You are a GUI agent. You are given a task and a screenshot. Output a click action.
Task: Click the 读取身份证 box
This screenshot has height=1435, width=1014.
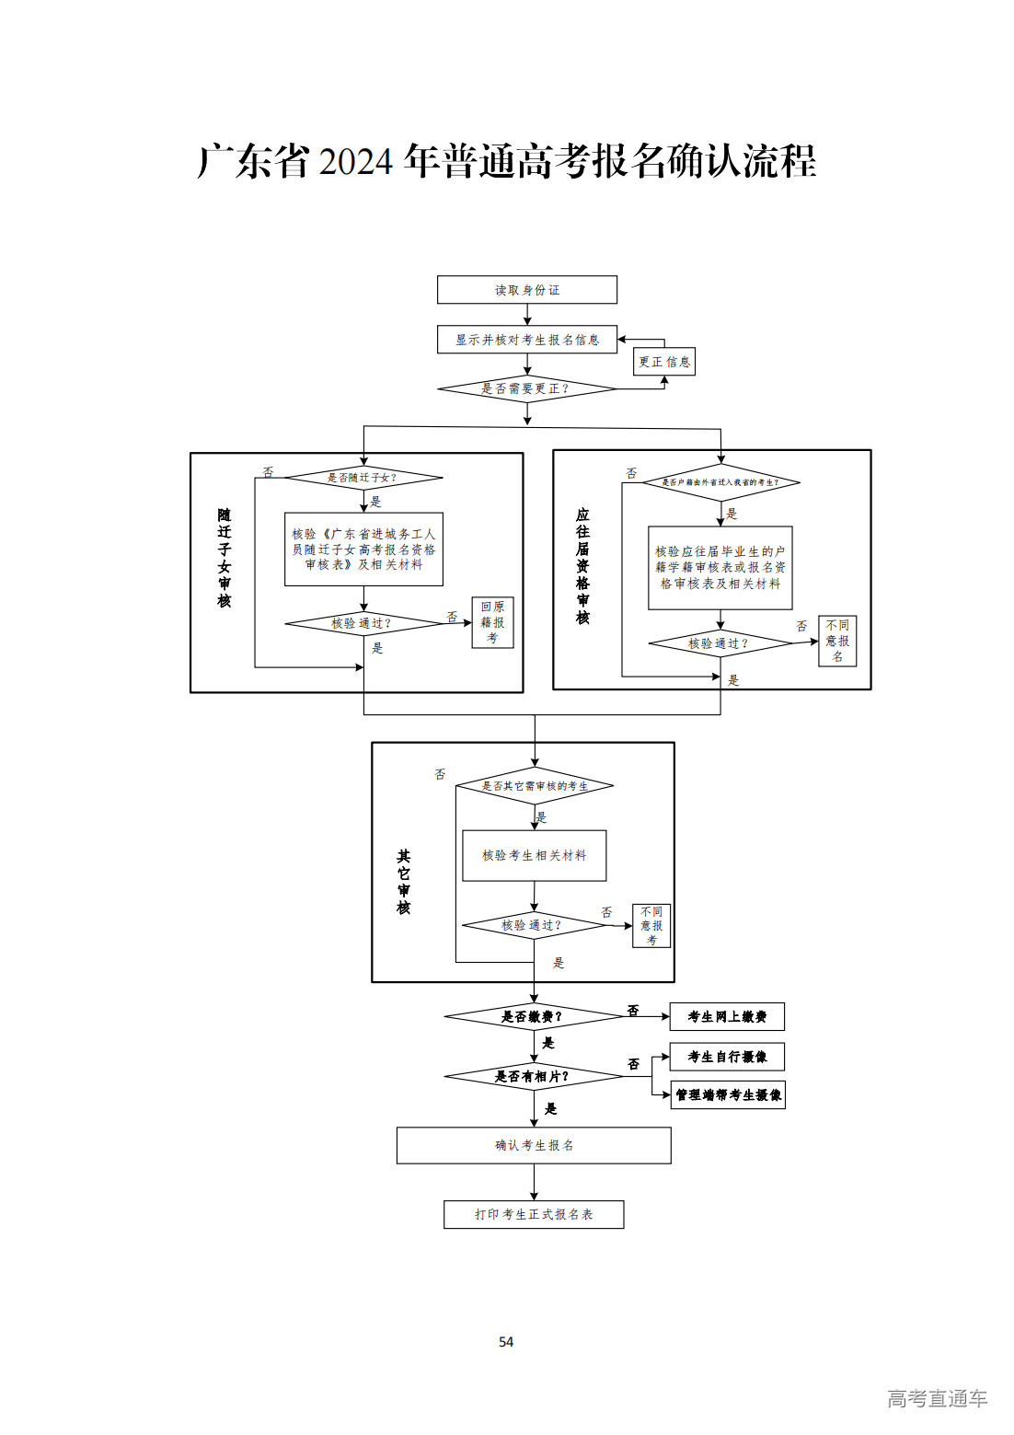pos(526,290)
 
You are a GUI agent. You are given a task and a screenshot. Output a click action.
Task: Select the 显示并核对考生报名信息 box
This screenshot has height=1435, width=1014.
pos(526,340)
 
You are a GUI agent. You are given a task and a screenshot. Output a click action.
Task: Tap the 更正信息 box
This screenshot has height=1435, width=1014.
pos(664,362)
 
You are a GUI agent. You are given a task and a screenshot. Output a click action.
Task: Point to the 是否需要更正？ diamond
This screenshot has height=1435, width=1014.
pos(526,389)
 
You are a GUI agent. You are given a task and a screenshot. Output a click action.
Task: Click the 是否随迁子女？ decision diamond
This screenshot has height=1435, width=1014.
pos(363,478)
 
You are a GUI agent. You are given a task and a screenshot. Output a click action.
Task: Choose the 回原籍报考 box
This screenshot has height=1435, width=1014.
pos(492,622)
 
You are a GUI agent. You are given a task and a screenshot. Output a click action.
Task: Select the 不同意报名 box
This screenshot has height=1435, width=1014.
pos(837,641)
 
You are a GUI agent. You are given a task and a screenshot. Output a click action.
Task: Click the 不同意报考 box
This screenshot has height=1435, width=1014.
pos(651,925)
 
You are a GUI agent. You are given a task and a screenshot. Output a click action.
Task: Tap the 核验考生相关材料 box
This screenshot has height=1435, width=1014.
pos(534,855)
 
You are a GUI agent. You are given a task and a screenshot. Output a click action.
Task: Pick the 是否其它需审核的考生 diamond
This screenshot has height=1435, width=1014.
pos(535,786)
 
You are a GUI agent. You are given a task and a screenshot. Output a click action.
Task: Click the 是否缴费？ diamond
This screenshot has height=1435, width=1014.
pos(533,1017)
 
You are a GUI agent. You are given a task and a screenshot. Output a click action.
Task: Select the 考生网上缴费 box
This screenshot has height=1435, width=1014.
pos(727,1017)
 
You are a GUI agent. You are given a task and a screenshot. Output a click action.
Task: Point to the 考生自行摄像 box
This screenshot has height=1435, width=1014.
pos(727,1057)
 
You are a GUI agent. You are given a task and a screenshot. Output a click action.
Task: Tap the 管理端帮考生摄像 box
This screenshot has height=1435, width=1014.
pos(728,1094)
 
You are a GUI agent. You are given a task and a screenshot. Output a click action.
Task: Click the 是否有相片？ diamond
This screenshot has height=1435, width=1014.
pos(533,1076)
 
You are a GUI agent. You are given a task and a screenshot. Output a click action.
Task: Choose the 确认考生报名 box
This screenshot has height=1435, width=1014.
pos(534,1145)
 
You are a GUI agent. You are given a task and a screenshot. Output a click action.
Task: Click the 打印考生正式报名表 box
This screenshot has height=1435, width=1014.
pos(534,1214)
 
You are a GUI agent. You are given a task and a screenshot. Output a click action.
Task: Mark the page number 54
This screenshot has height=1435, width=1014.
pos(506,1342)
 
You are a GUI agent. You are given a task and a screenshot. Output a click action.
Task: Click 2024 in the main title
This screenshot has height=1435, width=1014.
pos(355,162)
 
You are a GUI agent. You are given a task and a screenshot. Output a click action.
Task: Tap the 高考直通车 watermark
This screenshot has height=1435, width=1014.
pos(937,1398)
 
